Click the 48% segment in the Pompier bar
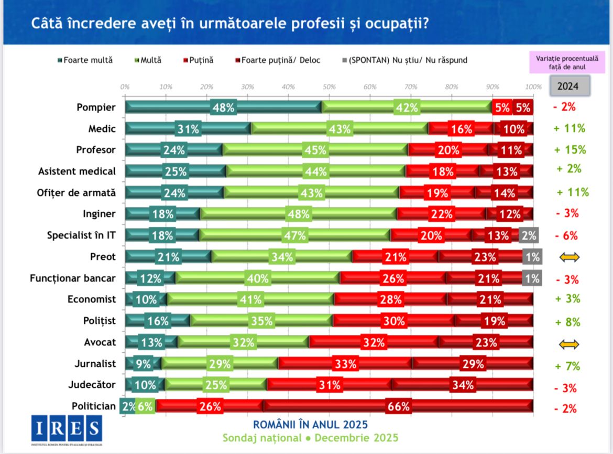223,107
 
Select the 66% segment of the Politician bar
398,406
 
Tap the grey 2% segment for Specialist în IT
528,236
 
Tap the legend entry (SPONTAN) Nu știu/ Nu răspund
403,60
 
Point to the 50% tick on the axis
329,87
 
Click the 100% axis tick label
533,87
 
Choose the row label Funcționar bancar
73,278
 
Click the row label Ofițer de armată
77,192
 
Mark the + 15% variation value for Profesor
570,149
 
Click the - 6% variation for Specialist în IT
565,236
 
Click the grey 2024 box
570,85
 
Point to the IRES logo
66,429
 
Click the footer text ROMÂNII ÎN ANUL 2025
310,424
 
